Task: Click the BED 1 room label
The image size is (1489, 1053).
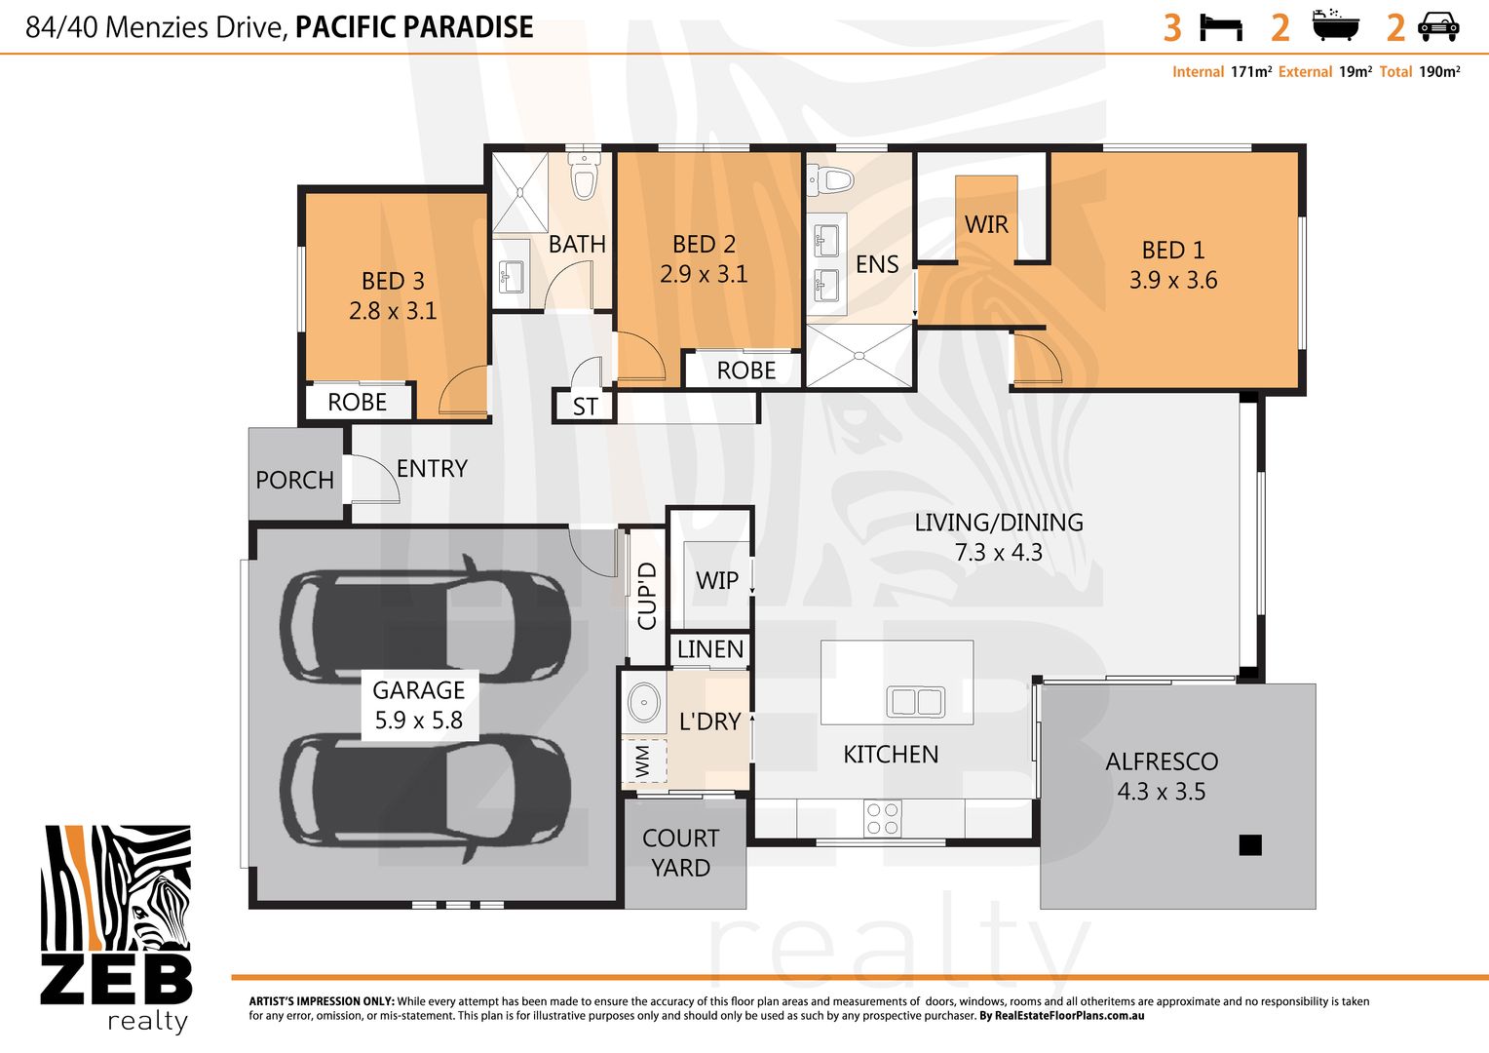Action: tap(1173, 251)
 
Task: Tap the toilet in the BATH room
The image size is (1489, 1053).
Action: tap(584, 178)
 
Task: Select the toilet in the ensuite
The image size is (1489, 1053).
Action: tap(830, 179)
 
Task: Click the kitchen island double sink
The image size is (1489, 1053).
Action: tap(915, 701)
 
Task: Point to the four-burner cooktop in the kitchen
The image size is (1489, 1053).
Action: tap(883, 819)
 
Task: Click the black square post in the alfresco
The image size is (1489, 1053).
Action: tap(1250, 844)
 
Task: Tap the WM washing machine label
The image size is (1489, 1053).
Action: tap(642, 761)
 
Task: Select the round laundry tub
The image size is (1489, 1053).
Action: tap(643, 701)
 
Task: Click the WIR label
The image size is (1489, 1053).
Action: tap(986, 224)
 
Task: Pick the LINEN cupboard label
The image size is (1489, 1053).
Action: tap(710, 649)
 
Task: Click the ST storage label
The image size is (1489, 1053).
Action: tap(585, 407)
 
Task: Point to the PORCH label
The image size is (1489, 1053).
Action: tap(294, 480)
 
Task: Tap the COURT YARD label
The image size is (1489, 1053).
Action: tap(681, 852)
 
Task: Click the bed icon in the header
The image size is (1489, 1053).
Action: tap(1221, 27)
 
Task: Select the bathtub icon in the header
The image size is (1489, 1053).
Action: tap(1335, 26)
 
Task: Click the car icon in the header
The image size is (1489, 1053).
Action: tap(1438, 27)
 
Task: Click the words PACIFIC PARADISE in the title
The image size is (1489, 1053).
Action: tap(414, 27)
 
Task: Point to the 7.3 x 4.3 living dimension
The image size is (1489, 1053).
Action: tap(999, 553)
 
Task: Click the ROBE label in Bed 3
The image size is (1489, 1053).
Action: tap(357, 402)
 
